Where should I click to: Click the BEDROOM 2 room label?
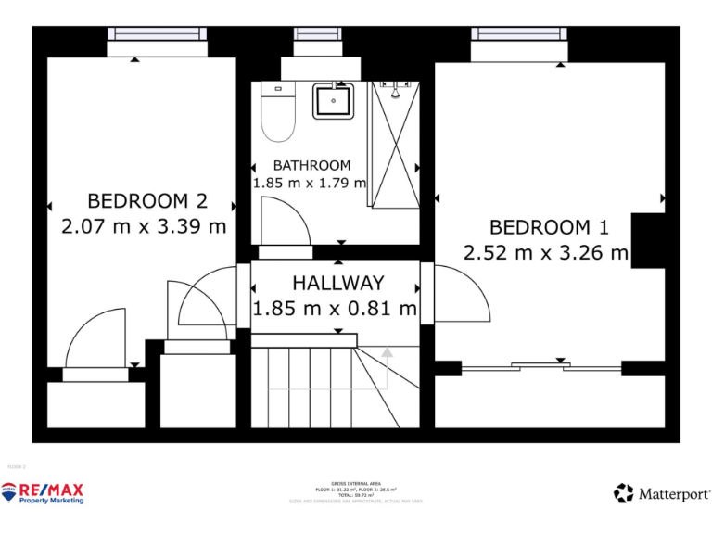146,201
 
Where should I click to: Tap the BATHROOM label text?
311,166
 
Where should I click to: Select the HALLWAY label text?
337,284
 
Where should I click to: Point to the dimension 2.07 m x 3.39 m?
144,225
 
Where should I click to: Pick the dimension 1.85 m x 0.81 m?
335,309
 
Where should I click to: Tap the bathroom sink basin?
332,100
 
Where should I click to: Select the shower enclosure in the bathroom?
395,145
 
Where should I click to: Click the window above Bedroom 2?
157,34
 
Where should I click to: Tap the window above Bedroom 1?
520,34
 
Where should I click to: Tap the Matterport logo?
661,493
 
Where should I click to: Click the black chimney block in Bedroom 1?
648,240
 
